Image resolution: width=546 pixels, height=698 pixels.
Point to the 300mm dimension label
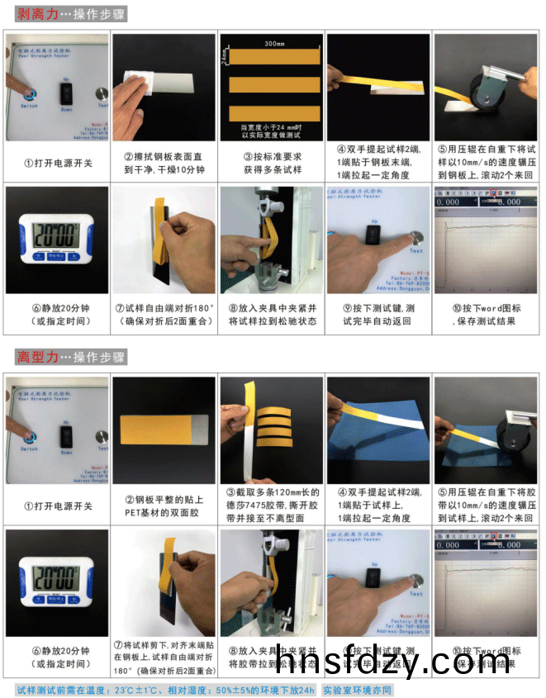click(272, 41)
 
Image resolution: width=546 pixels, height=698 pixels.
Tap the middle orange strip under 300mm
click(272, 83)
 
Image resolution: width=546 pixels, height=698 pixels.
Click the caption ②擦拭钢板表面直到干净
click(163, 163)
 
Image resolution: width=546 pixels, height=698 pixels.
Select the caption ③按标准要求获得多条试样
click(272, 163)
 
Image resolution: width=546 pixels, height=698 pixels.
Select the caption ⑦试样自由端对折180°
click(163, 315)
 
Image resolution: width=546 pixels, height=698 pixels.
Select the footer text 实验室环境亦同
click(357, 690)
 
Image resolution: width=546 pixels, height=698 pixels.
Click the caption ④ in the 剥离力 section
click(379, 163)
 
